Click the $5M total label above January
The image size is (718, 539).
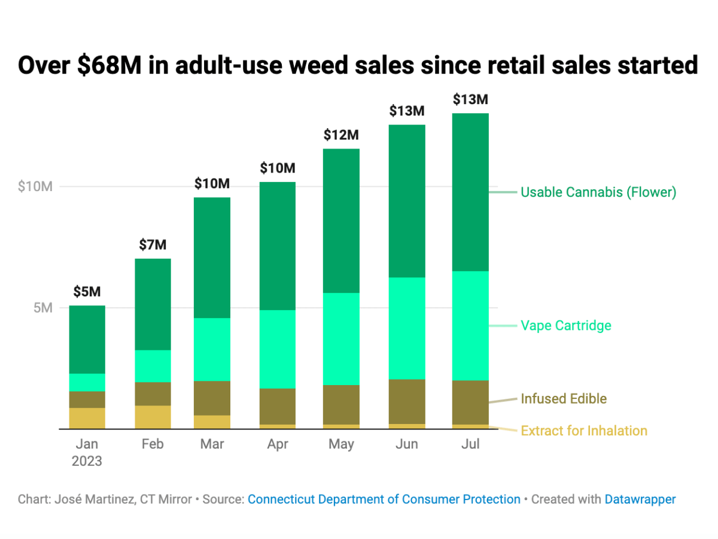pos(87,292)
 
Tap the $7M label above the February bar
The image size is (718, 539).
pos(153,244)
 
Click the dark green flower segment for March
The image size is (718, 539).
pos(212,258)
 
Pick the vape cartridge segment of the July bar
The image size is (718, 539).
pos(470,326)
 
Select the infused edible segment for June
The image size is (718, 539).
pos(407,401)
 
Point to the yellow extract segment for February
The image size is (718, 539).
pos(153,417)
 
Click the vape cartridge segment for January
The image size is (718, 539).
pos(87,382)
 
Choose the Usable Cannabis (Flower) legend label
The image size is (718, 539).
pos(598,192)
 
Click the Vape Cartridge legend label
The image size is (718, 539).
pos(566,326)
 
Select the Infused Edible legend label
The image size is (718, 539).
pos(564,399)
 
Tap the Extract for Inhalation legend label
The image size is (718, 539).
pos(584,431)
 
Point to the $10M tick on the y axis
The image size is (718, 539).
pos(35,186)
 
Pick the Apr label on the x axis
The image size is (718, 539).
pos(278,444)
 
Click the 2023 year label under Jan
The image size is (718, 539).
pos(87,462)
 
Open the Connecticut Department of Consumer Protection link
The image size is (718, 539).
pos(384,499)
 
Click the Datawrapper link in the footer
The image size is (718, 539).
pos(640,499)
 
